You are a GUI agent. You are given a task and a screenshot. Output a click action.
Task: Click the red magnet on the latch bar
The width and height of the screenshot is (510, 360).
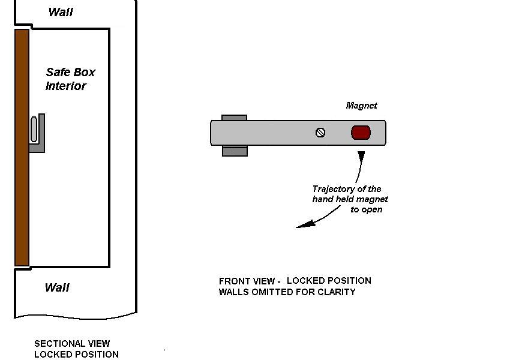click(x=361, y=133)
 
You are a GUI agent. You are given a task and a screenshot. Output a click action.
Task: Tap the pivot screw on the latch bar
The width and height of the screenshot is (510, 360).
click(x=320, y=133)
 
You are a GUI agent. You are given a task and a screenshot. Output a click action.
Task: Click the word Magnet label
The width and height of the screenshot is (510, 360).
click(x=361, y=106)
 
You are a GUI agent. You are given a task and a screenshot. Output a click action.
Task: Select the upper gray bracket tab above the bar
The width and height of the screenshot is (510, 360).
click(x=235, y=117)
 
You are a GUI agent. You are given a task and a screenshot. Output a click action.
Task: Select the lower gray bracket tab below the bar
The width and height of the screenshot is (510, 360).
click(x=235, y=151)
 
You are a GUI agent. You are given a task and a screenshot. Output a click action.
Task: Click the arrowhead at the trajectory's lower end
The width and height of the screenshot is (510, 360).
click(x=305, y=225)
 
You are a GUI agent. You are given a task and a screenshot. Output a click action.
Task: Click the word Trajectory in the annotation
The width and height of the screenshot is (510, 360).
click(x=334, y=189)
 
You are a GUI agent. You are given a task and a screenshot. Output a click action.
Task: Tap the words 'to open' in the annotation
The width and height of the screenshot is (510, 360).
click(x=366, y=210)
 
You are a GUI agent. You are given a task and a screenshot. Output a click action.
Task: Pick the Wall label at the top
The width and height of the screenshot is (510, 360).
click(x=61, y=12)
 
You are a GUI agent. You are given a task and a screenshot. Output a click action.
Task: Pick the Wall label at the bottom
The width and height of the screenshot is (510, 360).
click(x=57, y=287)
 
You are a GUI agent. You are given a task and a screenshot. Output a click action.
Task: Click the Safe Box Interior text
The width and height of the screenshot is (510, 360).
click(x=70, y=79)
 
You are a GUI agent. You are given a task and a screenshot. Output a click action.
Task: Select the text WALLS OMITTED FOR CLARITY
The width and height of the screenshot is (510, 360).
click(x=287, y=292)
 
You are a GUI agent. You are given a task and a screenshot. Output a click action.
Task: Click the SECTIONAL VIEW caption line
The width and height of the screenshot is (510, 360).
click(x=72, y=344)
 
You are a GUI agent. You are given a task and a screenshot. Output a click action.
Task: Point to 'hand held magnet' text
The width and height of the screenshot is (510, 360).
click(x=350, y=199)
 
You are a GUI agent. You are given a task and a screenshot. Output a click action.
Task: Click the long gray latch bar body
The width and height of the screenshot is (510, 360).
click(x=276, y=133)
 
